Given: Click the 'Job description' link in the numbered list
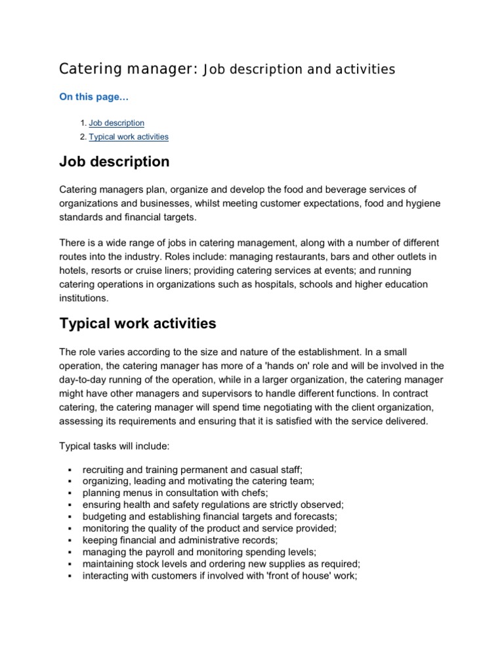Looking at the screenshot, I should pyautogui.click(x=116, y=123).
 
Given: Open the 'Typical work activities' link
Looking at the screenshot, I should pyautogui.click(x=129, y=137).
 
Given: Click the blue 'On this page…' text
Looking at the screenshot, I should pyautogui.click(x=94, y=97).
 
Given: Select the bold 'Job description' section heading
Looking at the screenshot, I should pyautogui.click(x=114, y=161).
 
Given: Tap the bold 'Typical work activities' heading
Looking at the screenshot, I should pyautogui.click(x=138, y=324).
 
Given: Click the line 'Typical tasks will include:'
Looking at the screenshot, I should pyautogui.click(x=115, y=446).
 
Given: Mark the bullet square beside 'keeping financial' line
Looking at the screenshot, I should pyautogui.click(x=69, y=541).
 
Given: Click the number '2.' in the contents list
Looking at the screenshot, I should pyautogui.click(x=83, y=137).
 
